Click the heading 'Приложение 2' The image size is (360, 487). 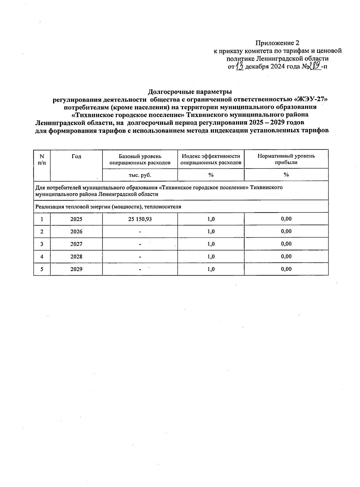pos(277,43)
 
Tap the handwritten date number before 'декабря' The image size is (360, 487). pos(239,66)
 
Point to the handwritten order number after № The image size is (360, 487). pos(315,66)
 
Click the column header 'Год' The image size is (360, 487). pos(76,156)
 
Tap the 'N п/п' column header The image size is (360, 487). pos(42,159)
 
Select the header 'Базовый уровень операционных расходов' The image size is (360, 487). pos(140,159)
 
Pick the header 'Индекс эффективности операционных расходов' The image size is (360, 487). pos(211,159)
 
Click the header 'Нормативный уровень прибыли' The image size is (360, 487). pos(286,159)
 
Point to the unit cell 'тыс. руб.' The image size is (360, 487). pos(140,175)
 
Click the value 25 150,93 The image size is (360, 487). pos(140,219)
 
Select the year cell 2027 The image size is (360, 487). pos(76,244)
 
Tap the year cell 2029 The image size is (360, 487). pos(76,269)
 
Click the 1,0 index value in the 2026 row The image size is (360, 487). pos(211,232)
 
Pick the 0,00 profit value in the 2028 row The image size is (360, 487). pos(286,256)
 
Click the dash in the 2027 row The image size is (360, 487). pos(140,244)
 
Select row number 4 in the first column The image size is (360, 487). pos(42,257)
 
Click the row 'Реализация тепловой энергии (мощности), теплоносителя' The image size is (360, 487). pos(108,207)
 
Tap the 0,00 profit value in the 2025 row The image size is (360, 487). pos(286,219)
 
